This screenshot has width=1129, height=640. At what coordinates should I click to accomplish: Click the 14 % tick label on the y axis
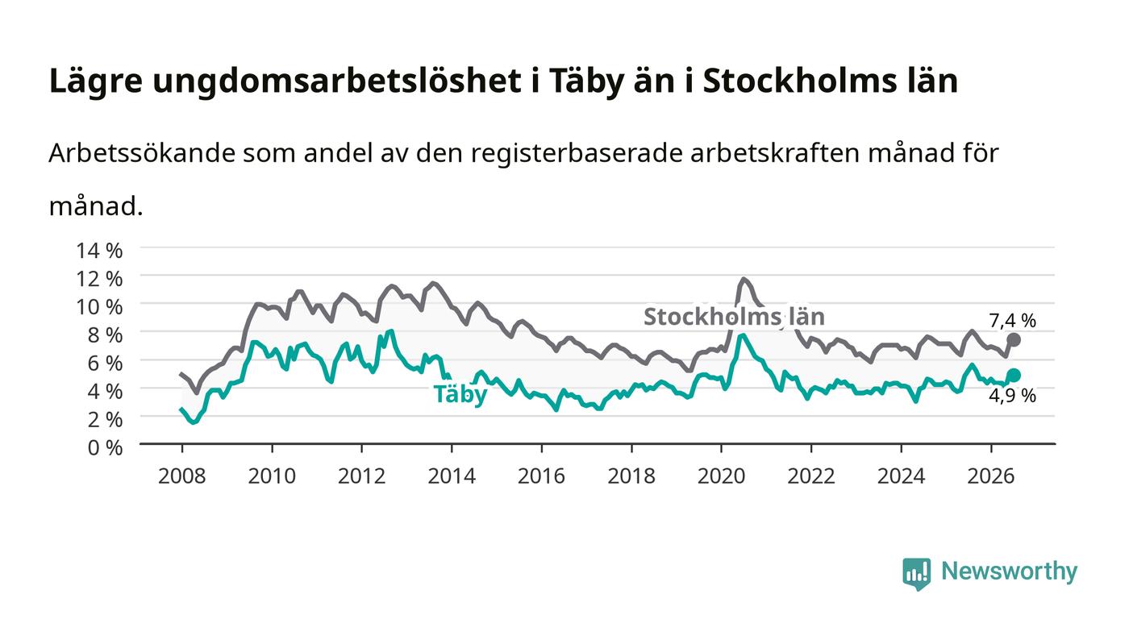pyautogui.click(x=99, y=251)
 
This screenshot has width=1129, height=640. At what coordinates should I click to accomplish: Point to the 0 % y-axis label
pyautogui.click(x=106, y=447)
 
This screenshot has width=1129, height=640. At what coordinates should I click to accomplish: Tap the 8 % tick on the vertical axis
pyautogui.click(x=106, y=335)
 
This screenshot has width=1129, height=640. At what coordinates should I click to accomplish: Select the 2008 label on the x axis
pyautogui.click(x=182, y=476)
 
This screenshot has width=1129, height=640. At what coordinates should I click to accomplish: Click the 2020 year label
pyautogui.click(x=721, y=476)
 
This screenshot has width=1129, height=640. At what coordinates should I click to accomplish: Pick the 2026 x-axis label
pyautogui.click(x=991, y=476)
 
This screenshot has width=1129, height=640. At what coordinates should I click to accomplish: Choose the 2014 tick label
pyautogui.click(x=452, y=476)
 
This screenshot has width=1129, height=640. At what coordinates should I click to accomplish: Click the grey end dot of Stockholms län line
pyautogui.click(x=1014, y=340)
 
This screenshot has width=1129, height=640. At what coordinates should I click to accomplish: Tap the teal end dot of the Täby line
pyautogui.click(x=1014, y=375)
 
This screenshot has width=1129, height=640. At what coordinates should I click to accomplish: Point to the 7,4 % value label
pyautogui.click(x=1013, y=321)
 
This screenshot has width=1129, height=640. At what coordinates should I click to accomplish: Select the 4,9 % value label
pyautogui.click(x=1013, y=396)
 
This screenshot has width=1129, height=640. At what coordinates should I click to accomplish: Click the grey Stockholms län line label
pyautogui.click(x=735, y=317)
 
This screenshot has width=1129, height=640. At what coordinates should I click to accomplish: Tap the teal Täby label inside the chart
pyautogui.click(x=460, y=393)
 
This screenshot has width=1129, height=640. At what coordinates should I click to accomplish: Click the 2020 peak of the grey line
pyautogui.click(x=744, y=279)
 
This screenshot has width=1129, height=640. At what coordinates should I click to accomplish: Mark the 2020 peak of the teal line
pyautogui.click(x=741, y=335)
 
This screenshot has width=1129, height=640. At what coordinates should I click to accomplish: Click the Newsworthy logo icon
pyautogui.click(x=916, y=574)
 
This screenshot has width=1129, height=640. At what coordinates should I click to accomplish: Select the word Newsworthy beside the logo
pyautogui.click(x=1009, y=571)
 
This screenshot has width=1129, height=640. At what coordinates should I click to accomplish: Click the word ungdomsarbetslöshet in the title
pyautogui.click(x=337, y=81)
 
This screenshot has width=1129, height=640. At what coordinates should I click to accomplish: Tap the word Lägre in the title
pyautogui.click(x=96, y=81)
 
